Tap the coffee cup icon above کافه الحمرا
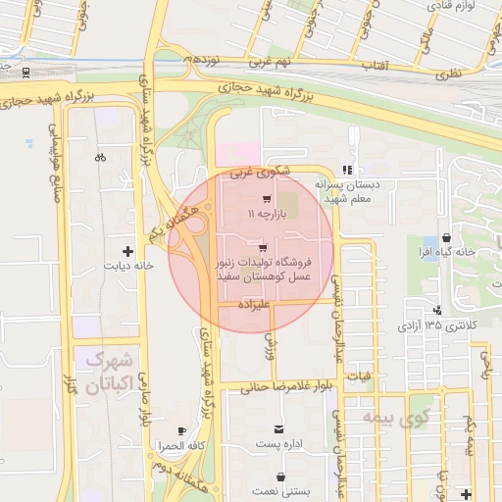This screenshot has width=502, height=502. [x=181, y=431]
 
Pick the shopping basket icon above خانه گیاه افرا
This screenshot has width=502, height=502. [x=447, y=237]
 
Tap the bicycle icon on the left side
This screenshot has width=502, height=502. [x=99, y=156]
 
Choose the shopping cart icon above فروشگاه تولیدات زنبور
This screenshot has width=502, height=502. [x=262, y=248]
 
